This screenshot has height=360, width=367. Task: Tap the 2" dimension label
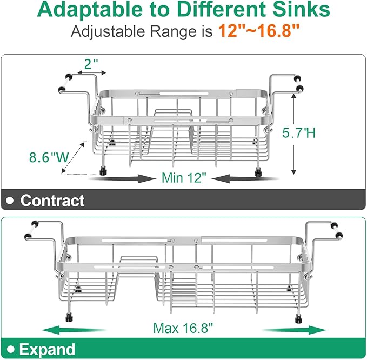[92, 64]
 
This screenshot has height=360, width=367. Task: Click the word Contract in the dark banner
[52, 201]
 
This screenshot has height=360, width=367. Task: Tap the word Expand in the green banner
[48, 348]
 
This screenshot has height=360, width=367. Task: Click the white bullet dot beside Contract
[11, 201]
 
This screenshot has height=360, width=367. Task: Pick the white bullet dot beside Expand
[11, 348]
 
